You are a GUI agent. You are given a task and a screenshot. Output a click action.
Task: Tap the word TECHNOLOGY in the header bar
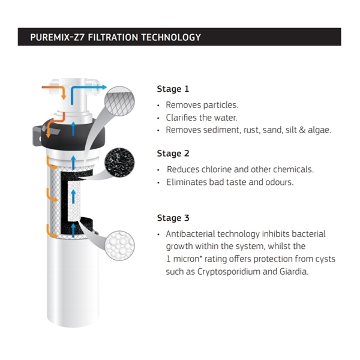(171, 37)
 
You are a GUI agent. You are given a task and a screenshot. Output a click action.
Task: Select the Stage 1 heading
(173, 89)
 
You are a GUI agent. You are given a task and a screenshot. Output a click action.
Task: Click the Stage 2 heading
(173, 154)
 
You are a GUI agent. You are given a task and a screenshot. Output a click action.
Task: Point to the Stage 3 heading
(173, 218)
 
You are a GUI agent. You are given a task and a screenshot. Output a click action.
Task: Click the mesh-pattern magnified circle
(119, 101)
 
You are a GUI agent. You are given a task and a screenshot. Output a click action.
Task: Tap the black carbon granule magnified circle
(119, 163)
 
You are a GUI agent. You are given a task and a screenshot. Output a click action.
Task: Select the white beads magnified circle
(119, 245)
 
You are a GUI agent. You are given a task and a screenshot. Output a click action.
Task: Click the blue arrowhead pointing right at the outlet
(104, 87)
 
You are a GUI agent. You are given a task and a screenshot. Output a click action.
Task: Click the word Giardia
(294, 272)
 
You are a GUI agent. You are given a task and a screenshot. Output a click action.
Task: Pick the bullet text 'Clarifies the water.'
(202, 118)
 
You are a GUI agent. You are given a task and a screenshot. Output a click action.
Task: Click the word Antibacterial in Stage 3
(190, 234)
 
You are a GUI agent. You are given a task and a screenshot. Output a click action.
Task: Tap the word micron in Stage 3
(186, 259)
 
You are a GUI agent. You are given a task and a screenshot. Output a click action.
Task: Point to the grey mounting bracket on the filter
(37, 136)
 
